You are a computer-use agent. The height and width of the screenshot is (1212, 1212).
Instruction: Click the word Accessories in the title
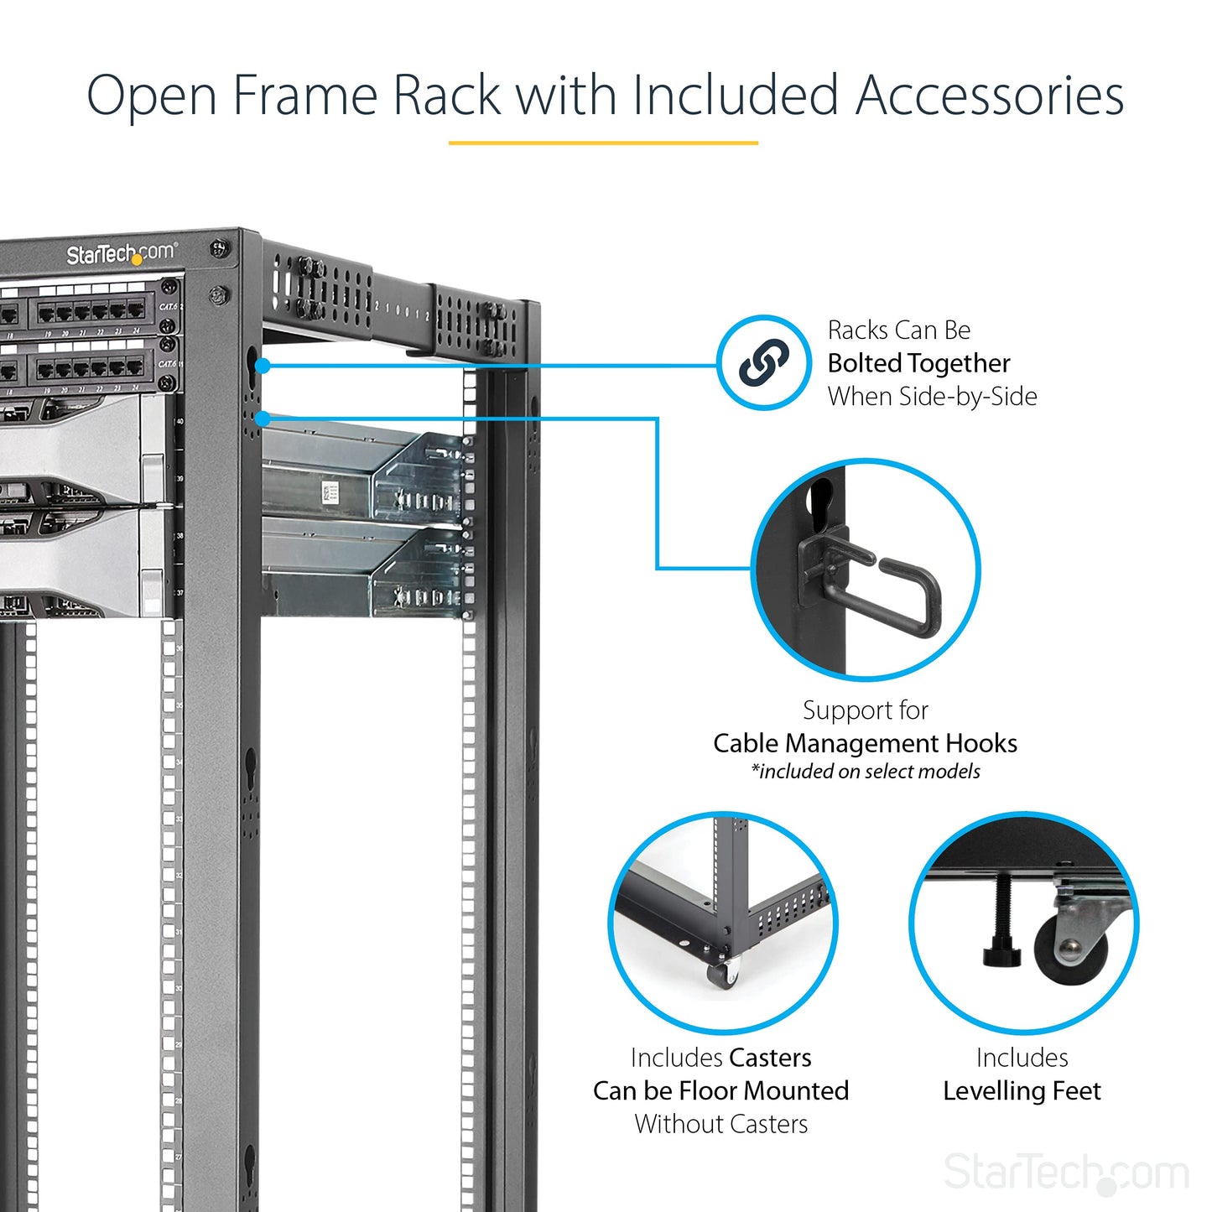click(989, 95)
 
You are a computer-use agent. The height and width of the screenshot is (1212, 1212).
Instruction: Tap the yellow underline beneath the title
click(603, 143)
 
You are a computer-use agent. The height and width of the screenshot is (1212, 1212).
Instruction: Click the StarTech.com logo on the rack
click(121, 253)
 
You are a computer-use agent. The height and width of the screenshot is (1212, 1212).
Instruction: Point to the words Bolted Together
click(918, 363)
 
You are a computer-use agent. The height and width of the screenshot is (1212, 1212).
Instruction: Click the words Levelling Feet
click(1022, 1090)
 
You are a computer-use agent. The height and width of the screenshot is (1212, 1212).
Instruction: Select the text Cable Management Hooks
click(865, 743)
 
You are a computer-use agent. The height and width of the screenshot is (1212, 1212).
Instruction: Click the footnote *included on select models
click(865, 772)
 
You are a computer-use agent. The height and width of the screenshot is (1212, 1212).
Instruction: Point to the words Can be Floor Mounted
click(720, 1090)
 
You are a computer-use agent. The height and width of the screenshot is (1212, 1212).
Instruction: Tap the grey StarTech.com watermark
click(1066, 1172)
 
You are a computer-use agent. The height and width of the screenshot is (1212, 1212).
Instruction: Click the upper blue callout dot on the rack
click(263, 366)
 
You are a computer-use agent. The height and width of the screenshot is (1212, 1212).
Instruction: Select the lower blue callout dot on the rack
click(263, 419)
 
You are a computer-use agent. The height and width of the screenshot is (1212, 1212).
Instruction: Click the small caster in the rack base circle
click(723, 975)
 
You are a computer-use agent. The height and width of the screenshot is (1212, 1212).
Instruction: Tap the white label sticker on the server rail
click(329, 494)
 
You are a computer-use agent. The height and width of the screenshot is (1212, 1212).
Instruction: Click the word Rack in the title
click(446, 95)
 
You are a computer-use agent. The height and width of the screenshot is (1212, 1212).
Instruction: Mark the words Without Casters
click(720, 1124)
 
